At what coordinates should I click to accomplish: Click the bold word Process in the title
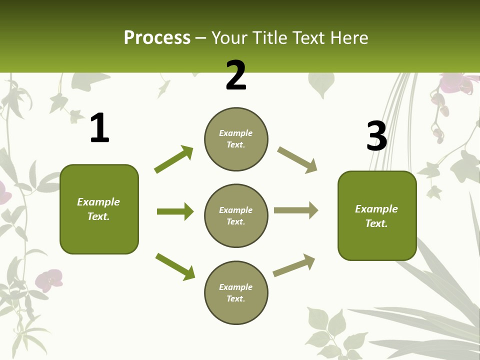click(157, 38)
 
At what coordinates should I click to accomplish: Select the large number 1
click(99, 128)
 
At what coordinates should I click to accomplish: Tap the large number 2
click(236, 75)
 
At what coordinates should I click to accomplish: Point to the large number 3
click(376, 136)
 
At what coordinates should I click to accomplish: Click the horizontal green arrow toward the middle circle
click(175, 211)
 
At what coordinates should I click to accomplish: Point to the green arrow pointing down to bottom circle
click(175, 266)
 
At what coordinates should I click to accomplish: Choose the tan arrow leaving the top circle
click(297, 160)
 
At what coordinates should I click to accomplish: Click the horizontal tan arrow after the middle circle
click(295, 210)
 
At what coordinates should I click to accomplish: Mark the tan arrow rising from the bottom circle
click(294, 265)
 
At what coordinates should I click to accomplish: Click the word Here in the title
click(350, 38)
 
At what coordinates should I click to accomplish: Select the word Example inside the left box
click(98, 202)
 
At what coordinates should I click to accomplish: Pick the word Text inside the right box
click(376, 223)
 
